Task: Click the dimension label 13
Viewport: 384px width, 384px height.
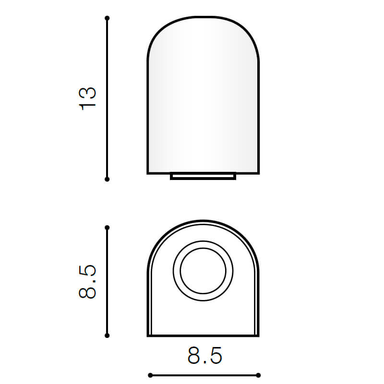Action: click(x=87, y=98)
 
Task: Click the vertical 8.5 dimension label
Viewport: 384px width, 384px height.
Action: click(x=87, y=282)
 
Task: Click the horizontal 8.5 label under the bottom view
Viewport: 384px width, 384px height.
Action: click(x=205, y=355)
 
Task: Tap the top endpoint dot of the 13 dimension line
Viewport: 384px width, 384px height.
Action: click(x=107, y=18)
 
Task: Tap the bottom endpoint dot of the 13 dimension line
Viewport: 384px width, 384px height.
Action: click(x=107, y=180)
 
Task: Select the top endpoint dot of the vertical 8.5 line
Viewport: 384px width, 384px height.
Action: click(x=107, y=228)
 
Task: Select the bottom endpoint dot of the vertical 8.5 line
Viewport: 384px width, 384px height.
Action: click(x=107, y=336)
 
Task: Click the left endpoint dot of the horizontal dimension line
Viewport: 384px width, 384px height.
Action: click(x=150, y=375)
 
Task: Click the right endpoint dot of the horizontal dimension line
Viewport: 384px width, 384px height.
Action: click(x=258, y=375)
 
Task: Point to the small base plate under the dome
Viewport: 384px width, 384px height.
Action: click(x=203, y=176)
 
